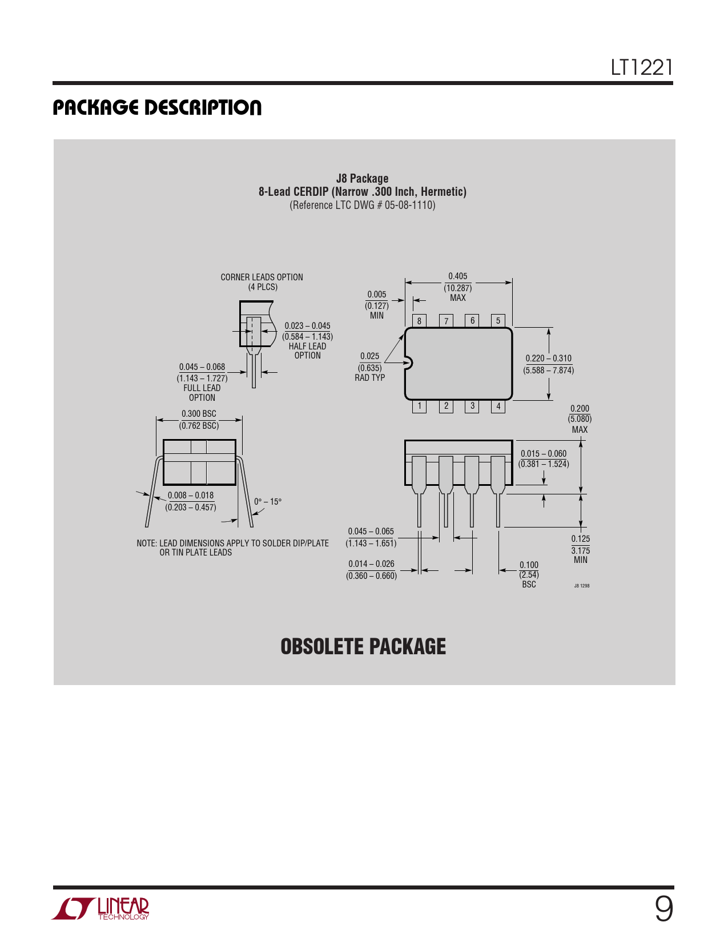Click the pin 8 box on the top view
(419, 320)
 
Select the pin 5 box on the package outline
(498, 320)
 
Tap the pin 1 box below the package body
(419, 406)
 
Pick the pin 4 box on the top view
(498, 406)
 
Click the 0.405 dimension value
(457, 276)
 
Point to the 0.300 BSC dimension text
(199, 413)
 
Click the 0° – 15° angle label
(268, 502)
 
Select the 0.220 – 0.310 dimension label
(549, 358)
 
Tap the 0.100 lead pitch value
(529, 565)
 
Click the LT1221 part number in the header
(642, 67)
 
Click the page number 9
(663, 909)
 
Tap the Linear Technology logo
(100, 909)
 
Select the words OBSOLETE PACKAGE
(363, 646)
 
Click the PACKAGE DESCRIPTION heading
(157, 107)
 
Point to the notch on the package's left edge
(408, 363)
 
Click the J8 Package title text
(363, 178)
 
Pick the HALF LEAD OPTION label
(307, 351)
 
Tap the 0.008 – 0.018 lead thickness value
(191, 495)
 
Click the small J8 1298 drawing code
(581, 586)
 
